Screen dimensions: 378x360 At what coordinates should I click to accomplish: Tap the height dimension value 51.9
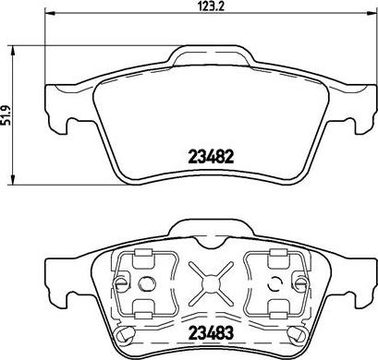pyautogui.click(x=6, y=115)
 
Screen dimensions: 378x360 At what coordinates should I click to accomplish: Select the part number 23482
pyautogui.click(x=212, y=157)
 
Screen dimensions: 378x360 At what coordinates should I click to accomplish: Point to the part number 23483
pyautogui.click(x=212, y=333)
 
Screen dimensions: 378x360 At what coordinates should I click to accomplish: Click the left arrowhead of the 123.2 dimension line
pyautogui.click(x=49, y=13)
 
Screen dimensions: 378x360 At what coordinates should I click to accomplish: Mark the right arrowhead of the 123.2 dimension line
pyautogui.click(x=372, y=13)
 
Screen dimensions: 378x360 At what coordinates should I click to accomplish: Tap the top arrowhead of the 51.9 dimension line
pyautogui.click(x=13, y=51)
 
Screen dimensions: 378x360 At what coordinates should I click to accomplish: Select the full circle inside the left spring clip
pyautogui.click(x=145, y=282)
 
